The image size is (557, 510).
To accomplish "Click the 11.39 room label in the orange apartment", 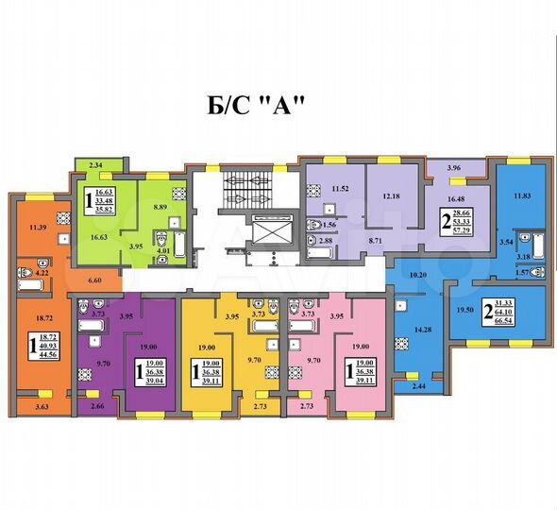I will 37,228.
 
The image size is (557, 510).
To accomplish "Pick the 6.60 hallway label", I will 93,280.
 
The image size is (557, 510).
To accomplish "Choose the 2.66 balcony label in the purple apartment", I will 98,407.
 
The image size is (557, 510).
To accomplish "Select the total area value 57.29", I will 464,230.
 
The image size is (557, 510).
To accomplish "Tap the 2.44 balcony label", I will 419,387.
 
